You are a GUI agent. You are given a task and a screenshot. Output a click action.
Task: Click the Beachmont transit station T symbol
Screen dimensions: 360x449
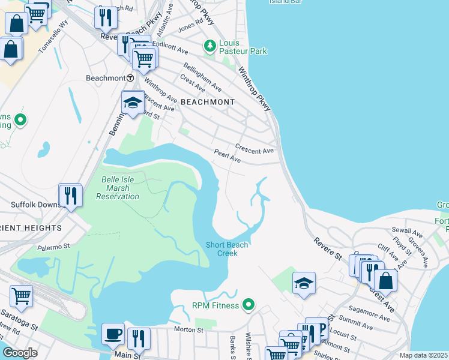130,78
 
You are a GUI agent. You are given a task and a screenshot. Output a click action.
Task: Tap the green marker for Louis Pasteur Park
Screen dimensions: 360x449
209,45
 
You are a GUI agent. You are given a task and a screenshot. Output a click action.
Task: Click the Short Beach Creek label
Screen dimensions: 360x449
227,249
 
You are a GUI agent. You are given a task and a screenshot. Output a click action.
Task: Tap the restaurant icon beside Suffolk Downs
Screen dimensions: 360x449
70,195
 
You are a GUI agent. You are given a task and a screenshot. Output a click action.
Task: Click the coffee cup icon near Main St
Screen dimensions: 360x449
113,334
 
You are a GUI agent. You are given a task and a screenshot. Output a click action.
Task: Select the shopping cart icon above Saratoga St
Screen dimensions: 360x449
21,296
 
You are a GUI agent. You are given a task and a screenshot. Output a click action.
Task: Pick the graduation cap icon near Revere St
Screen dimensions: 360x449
304,283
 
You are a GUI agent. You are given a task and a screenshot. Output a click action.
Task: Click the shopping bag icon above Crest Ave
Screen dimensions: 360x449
385,280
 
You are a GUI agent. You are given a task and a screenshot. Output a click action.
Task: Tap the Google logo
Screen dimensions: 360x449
20,353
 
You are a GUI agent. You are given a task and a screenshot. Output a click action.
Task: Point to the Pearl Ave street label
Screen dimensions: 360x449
228,157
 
